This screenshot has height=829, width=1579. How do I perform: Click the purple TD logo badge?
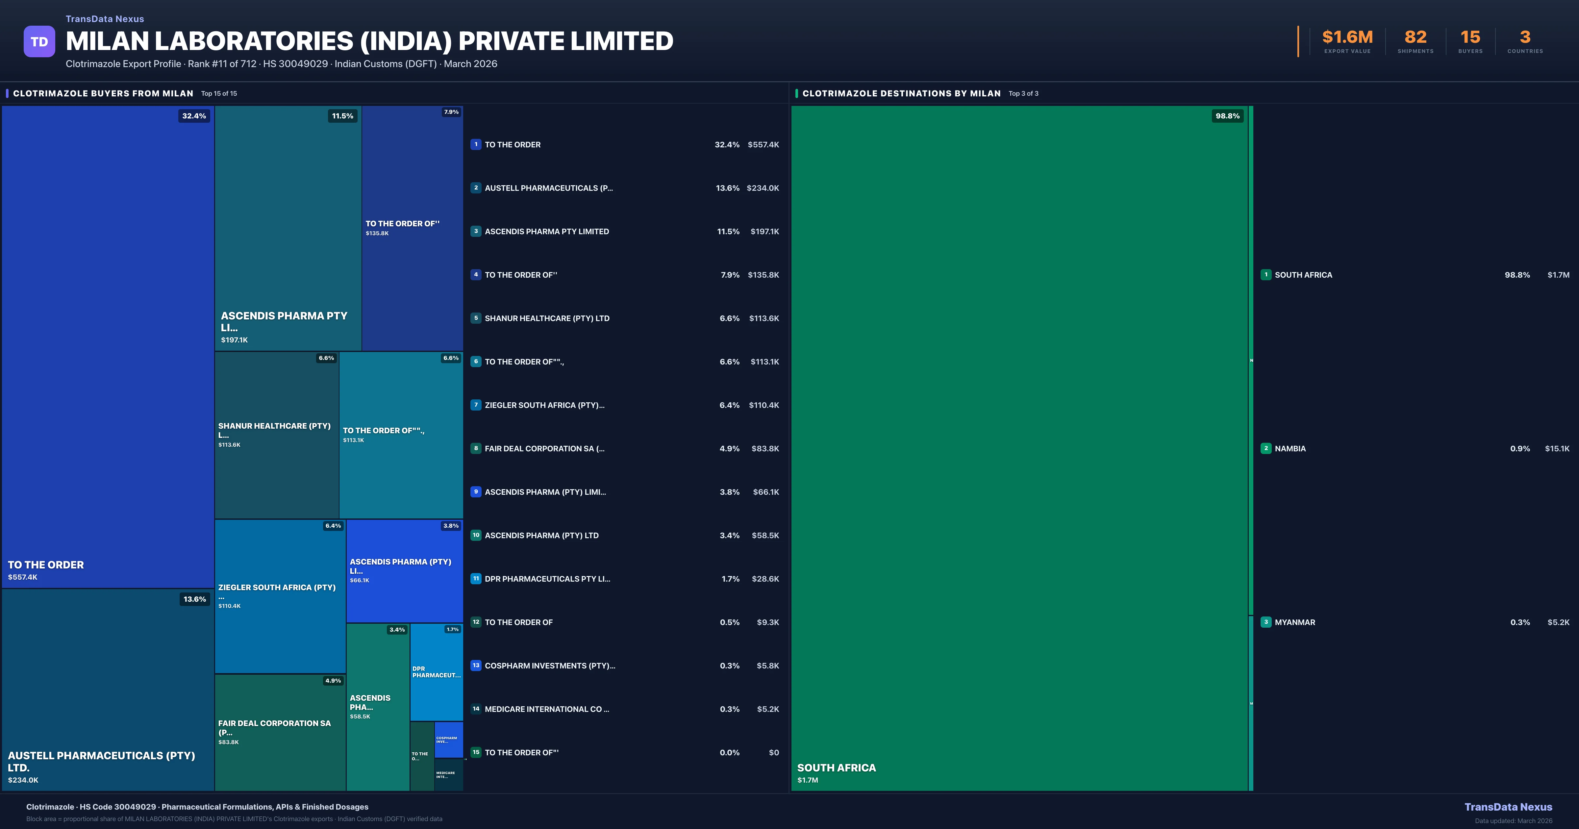pos(39,42)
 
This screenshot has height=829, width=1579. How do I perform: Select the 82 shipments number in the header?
pos(1415,38)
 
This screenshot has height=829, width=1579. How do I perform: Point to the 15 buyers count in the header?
pos(1470,38)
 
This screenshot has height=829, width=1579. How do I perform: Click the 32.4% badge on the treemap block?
pos(194,116)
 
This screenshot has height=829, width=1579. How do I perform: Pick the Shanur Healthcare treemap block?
pos(276,435)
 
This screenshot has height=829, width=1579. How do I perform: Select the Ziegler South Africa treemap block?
pos(280,596)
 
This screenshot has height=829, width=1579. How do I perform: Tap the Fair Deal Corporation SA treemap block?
pos(280,732)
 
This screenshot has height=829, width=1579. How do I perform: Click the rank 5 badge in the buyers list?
pos(476,318)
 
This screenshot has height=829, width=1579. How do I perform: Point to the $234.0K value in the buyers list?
pos(763,188)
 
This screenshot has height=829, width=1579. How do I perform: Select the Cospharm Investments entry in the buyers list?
pos(550,666)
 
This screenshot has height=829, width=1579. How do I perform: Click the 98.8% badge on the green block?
pos(1227,116)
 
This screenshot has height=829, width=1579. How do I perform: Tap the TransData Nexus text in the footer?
pos(1508,807)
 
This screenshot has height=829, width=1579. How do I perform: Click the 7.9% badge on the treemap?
pos(451,112)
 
